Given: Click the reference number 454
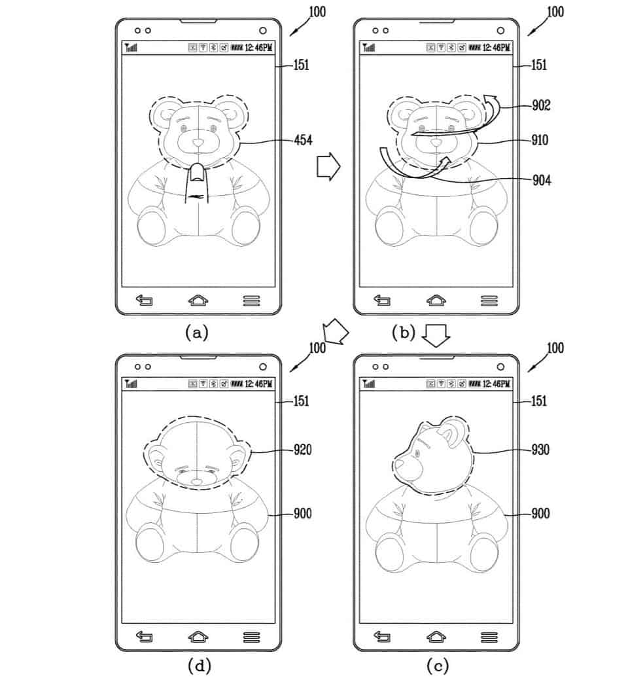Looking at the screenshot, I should pyautogui.click(x=303, y=139).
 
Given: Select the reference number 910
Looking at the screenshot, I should pyautogui.click(x=540, y=139).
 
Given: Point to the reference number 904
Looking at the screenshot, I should pyautogui.click(x=541, y=181).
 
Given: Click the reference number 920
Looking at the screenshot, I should pyautogui.click(x=303, y=450).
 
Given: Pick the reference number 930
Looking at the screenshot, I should pyautogui.click(x=540, y=450).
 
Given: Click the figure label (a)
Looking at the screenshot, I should pyautogui.click(x=196, y=332).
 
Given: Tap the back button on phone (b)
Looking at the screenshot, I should pyautogui.click(x=381, y=300).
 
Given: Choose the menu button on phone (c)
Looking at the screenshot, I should pyautogui.click(x=489, y=636).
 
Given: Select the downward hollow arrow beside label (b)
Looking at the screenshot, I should pyautogui.click(x=434, y=336).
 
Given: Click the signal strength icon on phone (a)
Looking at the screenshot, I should pyautogui.click(x=130, y=48).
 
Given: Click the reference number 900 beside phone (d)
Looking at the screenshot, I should pyautogui.click(x=302, y=514).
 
